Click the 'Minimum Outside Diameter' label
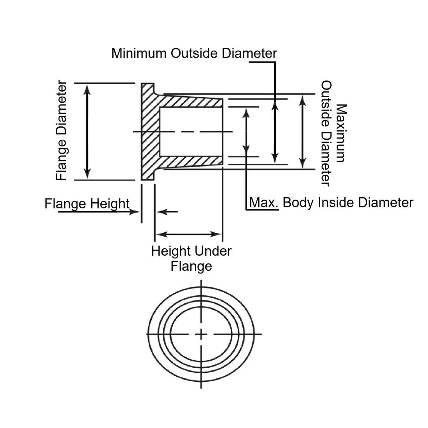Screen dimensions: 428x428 (x=194, y=53)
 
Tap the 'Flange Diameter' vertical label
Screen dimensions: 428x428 (x=61, y=130)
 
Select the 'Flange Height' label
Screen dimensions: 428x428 (x=87, y=204)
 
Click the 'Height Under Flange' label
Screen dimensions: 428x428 (x=191, y=258)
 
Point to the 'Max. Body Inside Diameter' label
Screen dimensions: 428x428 (x=332, y=203)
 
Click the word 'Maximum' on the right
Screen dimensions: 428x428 (x=341, y=133)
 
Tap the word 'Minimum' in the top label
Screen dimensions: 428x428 (x=139, y=53)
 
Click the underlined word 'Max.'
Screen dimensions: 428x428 (x=264, y=203)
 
